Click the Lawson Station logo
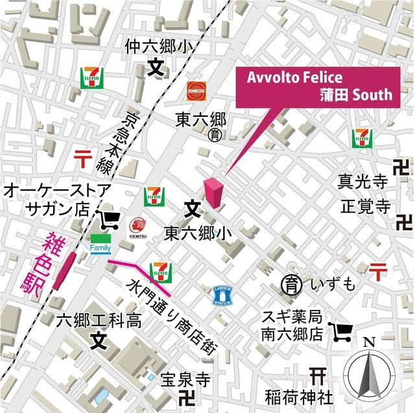coord(222,296)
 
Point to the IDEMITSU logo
coord(137,228)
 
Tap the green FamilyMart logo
coord(101,244)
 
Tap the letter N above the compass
coord(369,342)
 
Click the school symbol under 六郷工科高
coord(97,339)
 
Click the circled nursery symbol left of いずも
coord(289,283)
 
